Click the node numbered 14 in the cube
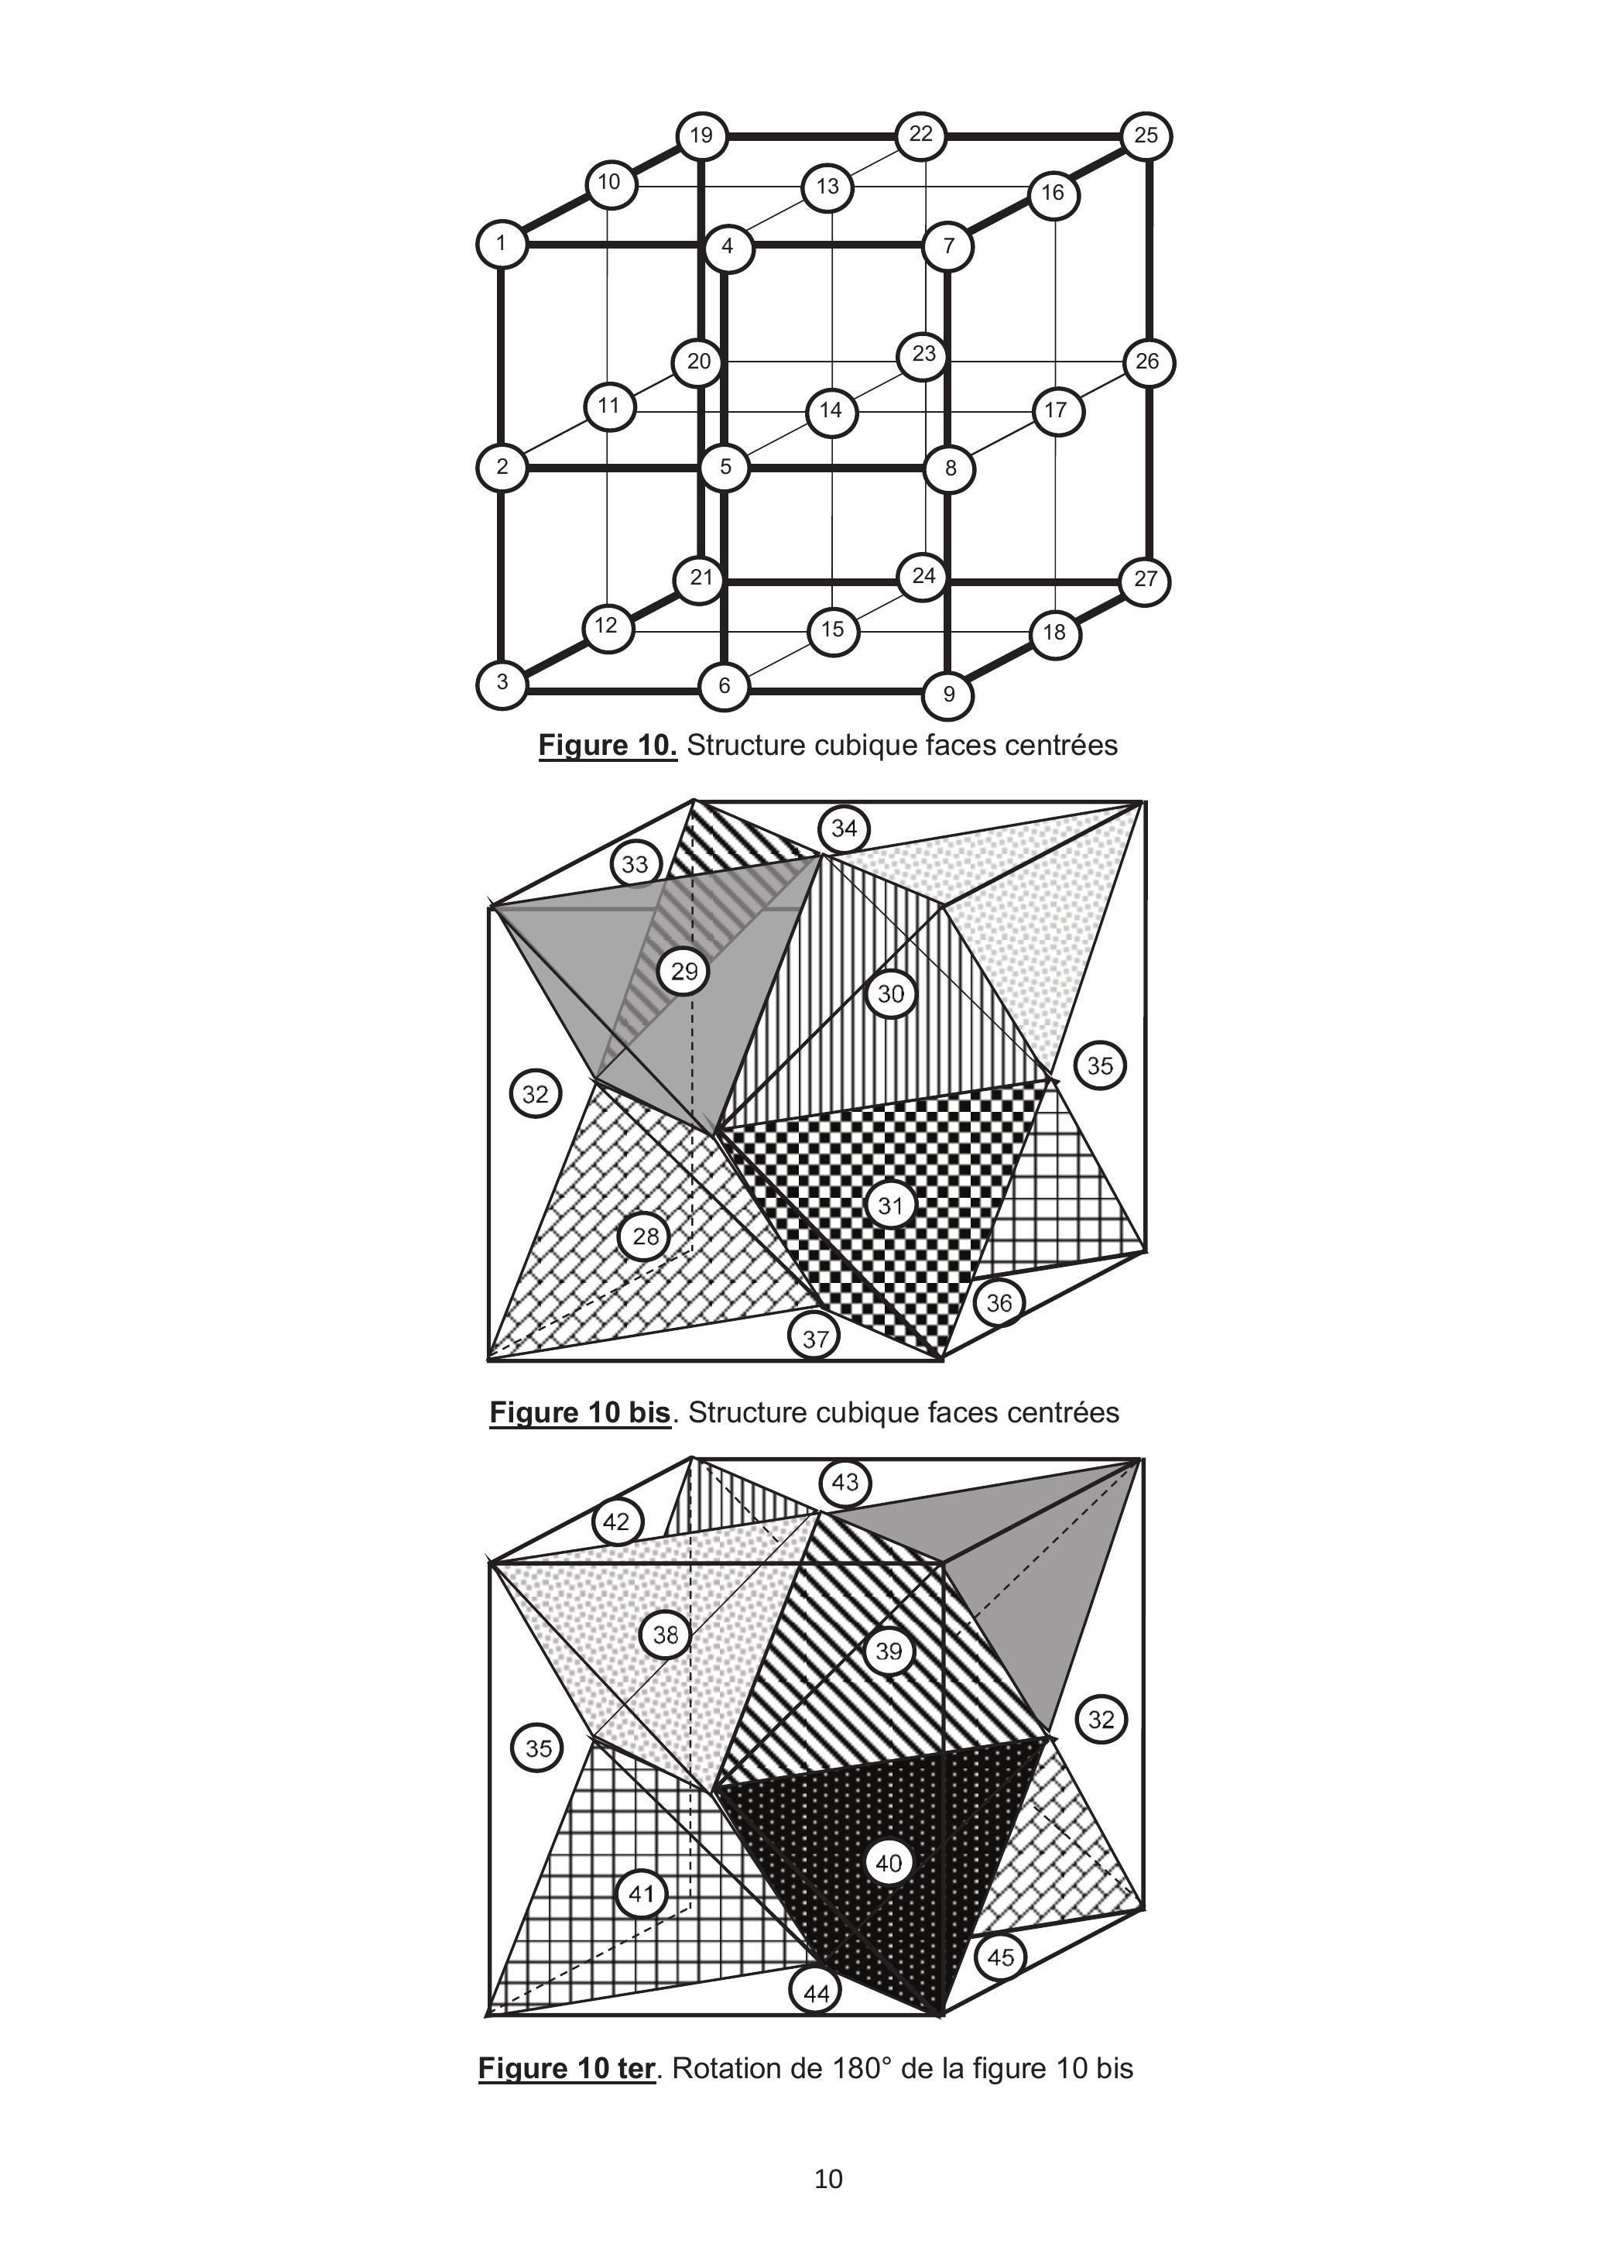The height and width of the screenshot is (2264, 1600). pyautogui.click(x=831, y=410)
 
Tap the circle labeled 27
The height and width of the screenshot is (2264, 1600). pyautogui.click(x=1146, y=580)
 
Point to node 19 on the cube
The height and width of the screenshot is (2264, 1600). pyautogui.click(x=701, y=135)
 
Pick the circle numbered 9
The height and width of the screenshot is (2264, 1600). pyautogui.click(x=948, y=695)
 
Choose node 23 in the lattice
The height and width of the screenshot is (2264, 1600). pyautogui.click(x=923, y=354)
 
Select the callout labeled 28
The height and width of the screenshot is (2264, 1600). pyautogui.click(x=645, y=1237)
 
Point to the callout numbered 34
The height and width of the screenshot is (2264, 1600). pyautogui.click(x=844, y=829)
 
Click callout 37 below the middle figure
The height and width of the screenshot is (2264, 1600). pyautogui.click(x=815, y=1339)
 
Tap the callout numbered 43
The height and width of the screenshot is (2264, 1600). pyautogui.click(x=845, y=1482)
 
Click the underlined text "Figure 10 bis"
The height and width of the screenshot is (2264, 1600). pyautogui.click(x=580, y=1413)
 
